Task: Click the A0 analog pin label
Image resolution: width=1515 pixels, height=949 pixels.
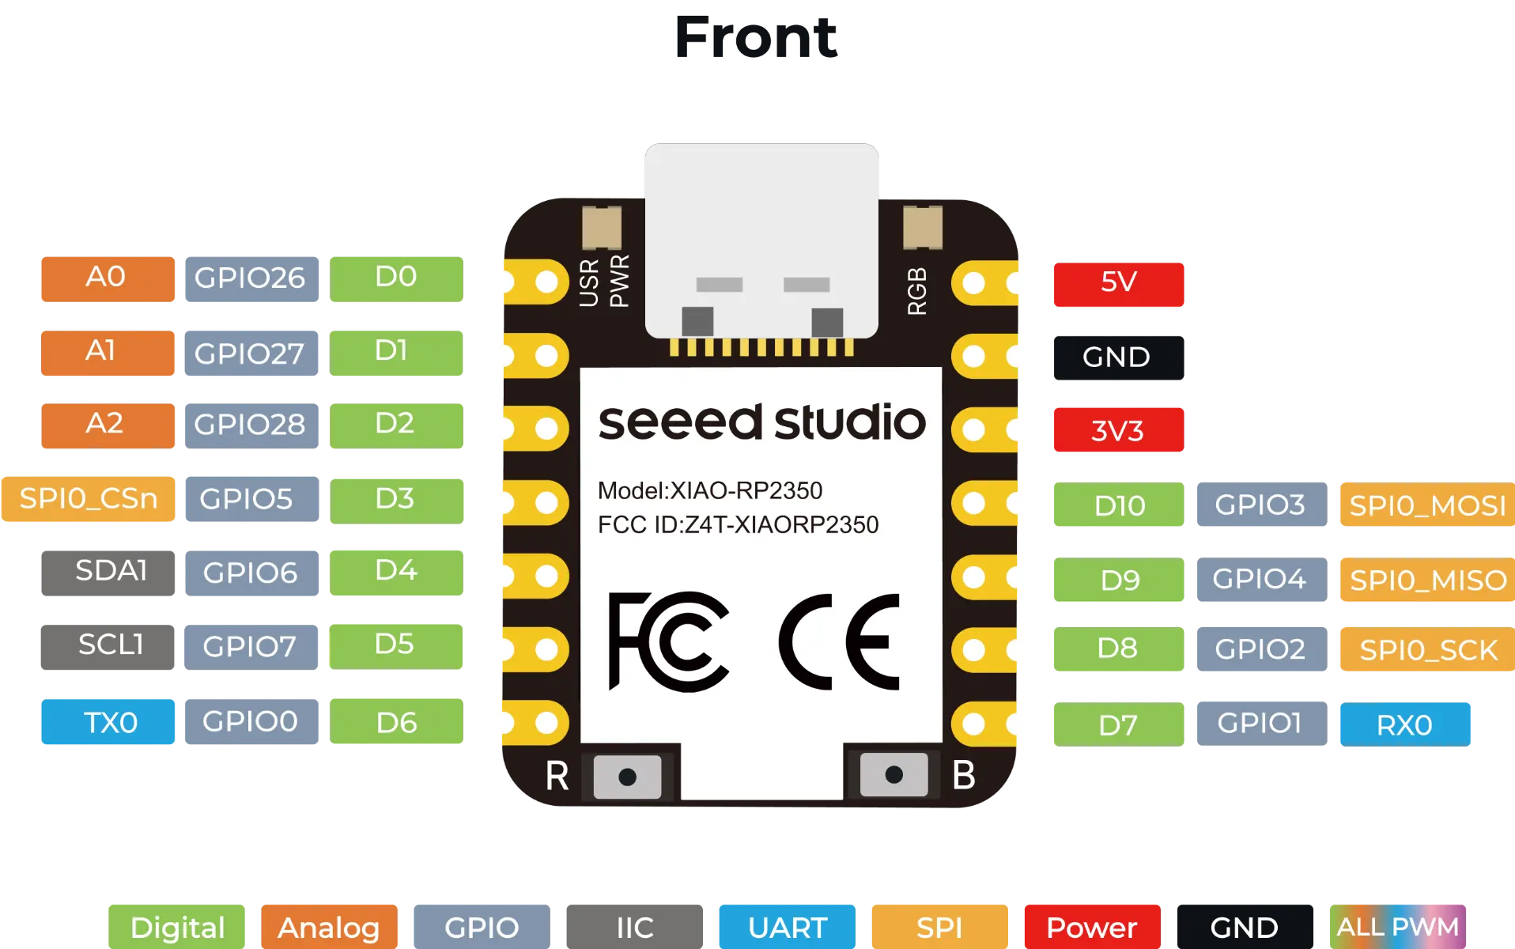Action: [108, 278]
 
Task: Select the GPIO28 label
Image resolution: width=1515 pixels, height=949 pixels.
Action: [251, 425]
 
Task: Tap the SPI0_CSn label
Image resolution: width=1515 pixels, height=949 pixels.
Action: [88, 499]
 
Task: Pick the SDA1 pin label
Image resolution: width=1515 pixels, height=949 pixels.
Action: [108, 573]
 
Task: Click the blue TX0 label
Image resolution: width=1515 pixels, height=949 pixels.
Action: [108, 721]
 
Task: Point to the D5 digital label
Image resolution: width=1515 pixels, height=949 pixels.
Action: [395, 646]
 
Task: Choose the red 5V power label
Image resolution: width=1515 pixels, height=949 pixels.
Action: [1118, 284]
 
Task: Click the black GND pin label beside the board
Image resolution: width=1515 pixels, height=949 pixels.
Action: [1118, 357]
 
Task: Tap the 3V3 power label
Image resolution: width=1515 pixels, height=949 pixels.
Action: [1118, 429]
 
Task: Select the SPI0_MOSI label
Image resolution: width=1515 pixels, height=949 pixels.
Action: [1427, 505]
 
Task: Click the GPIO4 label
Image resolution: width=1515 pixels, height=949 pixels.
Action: [1261, 579]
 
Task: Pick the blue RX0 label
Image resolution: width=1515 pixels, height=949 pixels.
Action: [1405, 724]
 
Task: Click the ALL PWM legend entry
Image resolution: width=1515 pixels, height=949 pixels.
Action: [1397, 927]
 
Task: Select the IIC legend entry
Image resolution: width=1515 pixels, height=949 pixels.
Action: [634, 927]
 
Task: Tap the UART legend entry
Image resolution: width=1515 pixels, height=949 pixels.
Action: [787, 927]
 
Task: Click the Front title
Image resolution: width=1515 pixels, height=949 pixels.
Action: [756, 37]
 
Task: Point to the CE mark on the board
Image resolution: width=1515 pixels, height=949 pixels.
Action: [839, 641]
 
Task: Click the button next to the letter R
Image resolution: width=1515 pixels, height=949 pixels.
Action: [627, 776]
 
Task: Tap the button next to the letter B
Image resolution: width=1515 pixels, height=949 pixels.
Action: [894, 774]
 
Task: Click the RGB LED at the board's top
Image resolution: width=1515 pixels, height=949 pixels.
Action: [922, 226]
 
